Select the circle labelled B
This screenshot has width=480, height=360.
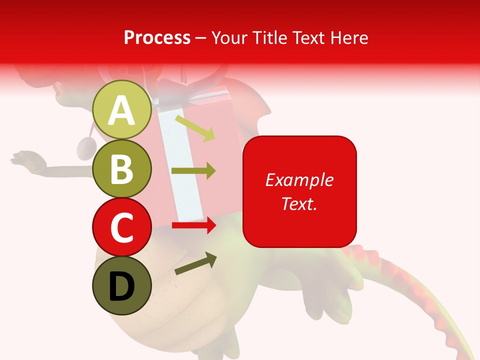click(x=122, y=168)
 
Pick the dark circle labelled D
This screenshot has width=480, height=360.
click(x=122, y=285)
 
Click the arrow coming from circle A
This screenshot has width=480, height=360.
click(x=195, y=128)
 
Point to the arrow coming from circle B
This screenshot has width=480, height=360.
click(x=193, y=171)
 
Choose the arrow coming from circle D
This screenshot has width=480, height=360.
click(x=195, y=264)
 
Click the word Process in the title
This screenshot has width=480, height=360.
click(x=157, y=37)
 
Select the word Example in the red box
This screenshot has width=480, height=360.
click(x=299, y=180)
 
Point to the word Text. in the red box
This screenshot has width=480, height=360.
click(x=299, y=203)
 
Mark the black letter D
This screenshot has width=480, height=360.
click(x=122, y=286)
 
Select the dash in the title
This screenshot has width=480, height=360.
click(x=201, y=38)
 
